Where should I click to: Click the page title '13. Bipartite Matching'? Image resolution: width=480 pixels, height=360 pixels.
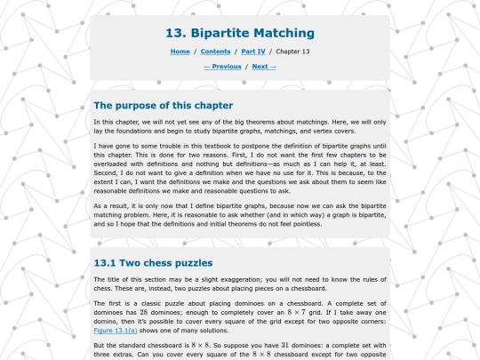coord(240,34)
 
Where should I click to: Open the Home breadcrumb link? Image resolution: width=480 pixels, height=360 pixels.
coord(180,52)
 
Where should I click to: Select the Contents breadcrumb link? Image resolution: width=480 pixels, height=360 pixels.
coord(215,52)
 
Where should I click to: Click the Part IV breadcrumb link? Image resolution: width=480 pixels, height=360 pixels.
coord(252,52)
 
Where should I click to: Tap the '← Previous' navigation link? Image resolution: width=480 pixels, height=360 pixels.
coord(222,67)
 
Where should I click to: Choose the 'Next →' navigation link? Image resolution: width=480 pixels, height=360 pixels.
coord(264,67)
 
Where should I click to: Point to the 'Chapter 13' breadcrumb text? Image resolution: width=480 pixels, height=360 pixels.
coord(292,52)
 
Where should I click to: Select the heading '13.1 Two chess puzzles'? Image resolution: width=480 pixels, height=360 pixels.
coord(153,263)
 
